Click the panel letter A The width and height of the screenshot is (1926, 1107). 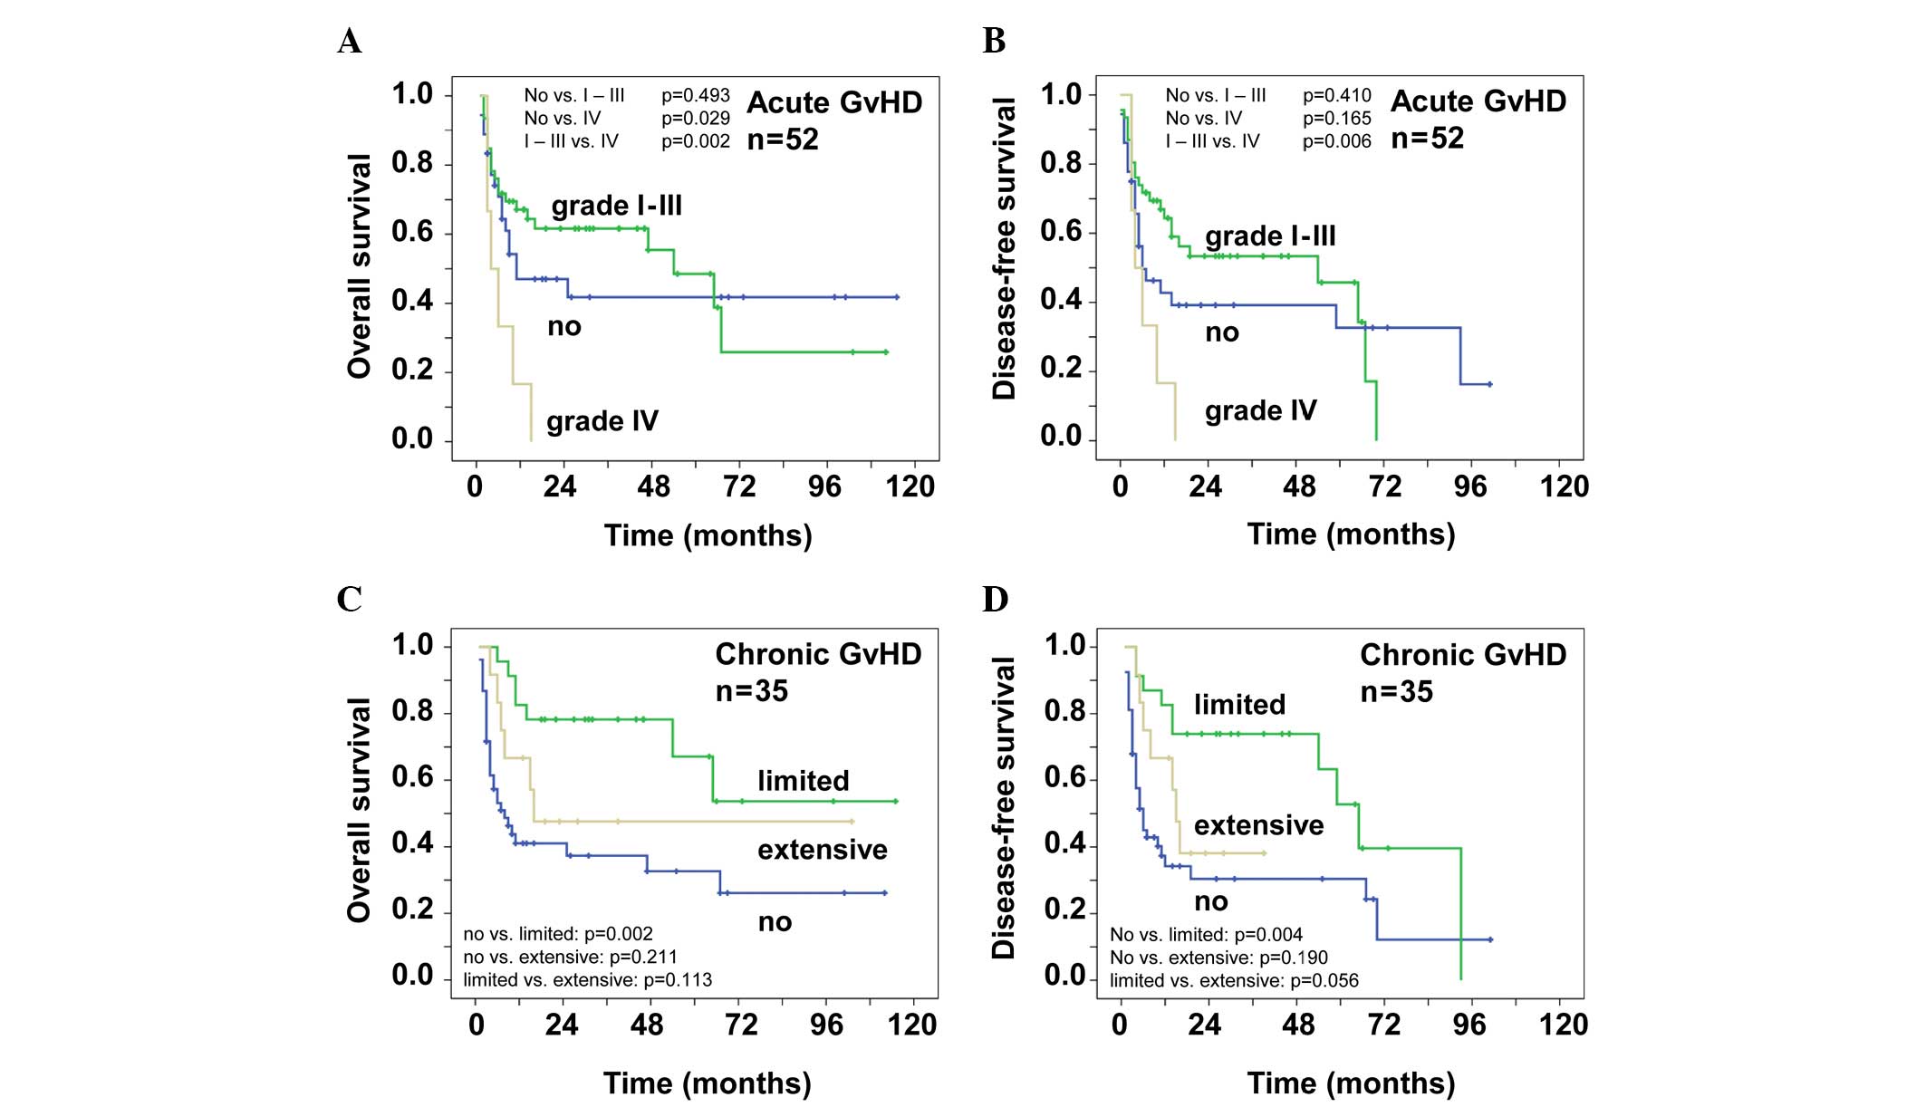[x=350, y=42]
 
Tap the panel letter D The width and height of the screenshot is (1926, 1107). [x=995, y=600]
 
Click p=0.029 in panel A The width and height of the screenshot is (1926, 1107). [x=695, y=118]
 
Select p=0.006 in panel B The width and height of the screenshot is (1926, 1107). [x=1336, y=141]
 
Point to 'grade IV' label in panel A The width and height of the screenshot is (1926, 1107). [x=602, y=421]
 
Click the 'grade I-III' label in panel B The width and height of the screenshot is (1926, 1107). [x=1270, y=236]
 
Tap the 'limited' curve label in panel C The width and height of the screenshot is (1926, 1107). [x=804, y=781]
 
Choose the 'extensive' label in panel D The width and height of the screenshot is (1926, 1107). [x=1258, y=825]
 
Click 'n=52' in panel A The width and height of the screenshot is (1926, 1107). [x=783, y=140]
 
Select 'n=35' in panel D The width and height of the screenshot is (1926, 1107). [x=1396, y=692]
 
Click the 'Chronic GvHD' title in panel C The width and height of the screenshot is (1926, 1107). [x=818, y=654]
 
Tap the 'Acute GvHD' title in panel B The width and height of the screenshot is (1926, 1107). [x=1478, y=101]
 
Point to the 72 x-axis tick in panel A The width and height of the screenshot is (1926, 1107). [x=739, y=487]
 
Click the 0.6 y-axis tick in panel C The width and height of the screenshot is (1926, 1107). [x=412, y=777]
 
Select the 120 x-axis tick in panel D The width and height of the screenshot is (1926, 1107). [x=1564, y=1025]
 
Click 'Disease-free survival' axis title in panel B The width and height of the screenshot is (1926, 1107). [x=1004, y=249]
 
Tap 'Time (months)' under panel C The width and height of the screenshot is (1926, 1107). [x=708, y=1083]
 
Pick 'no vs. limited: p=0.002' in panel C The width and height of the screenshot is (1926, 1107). [x=558, y=934]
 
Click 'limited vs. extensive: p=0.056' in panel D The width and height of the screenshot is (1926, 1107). [x=1234, y=980]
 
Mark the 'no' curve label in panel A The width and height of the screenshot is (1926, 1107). [x=564, y=327]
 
